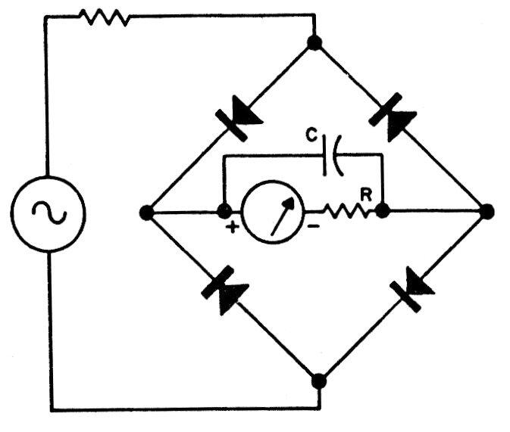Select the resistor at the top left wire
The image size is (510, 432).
pyautogui.click(x=105, y=17)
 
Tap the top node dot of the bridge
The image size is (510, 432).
pyautogui.click(x=314, y=42)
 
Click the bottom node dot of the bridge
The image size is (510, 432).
pyautogui.click(x=319, y=381)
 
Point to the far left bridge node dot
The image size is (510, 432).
pyautogui.click(x=146, y=213)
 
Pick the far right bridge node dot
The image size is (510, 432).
pyautogui.click(x=487, y=211)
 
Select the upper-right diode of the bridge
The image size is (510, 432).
pyautogui.click(x=393, y=117)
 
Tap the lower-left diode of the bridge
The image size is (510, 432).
pyautogui.click(x=225, y=291)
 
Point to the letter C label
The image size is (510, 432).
pyautogui.click(x=311, y=135)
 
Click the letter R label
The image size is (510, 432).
pyautogui.click(x=366, y=195)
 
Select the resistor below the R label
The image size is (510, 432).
pyautogui.click(x=348, y=211)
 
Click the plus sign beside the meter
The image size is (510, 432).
pyautogui.click(x=232, y=227)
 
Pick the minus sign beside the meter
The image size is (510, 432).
pyautogui.click(x=313, y=226)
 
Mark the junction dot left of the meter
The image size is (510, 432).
pyautogui.click(x=224, y=211)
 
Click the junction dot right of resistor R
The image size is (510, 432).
pyautogui.click(x=382, y=211)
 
